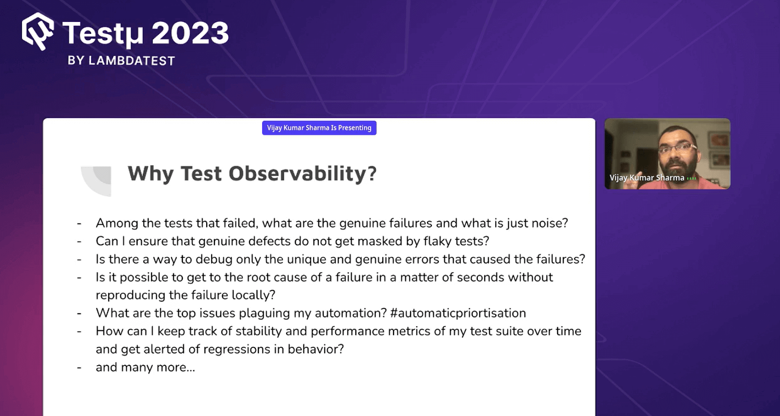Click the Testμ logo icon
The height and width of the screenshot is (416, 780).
(38, 31)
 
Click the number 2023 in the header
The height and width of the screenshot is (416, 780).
(190, 34)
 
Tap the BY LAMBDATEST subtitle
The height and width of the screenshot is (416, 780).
(121, 60)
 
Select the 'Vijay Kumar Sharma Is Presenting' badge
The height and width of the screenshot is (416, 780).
(319, 128)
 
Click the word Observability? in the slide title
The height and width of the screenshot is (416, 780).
(302, 174)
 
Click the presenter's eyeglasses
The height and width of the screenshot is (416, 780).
(678, 147)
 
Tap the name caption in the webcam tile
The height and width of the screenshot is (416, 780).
(646, 178)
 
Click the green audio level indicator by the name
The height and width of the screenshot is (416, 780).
(691, 178)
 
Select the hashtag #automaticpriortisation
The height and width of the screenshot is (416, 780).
(458, 313)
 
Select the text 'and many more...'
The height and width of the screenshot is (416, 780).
(145, 367)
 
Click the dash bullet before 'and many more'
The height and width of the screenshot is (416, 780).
(79, 367)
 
